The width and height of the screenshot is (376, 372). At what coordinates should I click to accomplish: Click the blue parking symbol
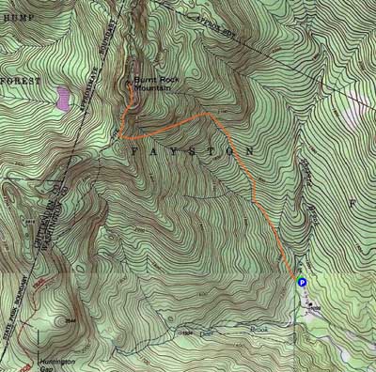tap(302, 279)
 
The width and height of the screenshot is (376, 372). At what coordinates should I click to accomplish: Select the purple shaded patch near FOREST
tap(62, 98)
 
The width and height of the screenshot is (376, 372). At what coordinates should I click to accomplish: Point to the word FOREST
tap(20, 81)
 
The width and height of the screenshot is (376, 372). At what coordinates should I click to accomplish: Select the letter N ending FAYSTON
tap(250, 150)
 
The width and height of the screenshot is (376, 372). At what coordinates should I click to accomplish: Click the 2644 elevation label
tap(68, 318)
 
